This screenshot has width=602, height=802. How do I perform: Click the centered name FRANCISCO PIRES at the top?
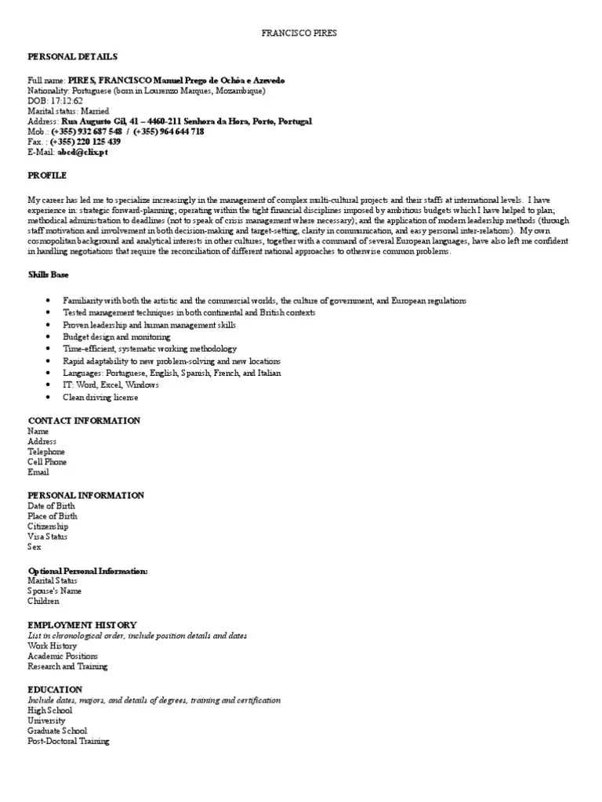coord(301,34)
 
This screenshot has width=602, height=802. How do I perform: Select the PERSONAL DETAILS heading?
coord(73,57)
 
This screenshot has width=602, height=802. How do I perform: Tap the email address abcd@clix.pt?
coord(82,152)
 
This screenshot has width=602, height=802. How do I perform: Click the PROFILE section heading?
coord(47,175)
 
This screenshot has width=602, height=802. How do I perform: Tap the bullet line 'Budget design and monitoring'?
coord(117,337)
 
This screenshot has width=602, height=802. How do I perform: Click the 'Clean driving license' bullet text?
coord(100,397)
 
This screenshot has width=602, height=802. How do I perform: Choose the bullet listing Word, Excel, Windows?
coord(111,385)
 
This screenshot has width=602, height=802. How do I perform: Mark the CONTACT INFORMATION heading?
coord(84,421)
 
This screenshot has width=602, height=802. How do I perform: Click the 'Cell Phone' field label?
coord(47,462)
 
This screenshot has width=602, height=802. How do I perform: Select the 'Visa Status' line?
coord(47,536)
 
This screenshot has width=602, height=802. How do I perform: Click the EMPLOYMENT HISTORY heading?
coord(82,625)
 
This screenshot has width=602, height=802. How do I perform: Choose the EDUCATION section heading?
coord(55,689)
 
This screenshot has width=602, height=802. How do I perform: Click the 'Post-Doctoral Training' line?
coord(68,741)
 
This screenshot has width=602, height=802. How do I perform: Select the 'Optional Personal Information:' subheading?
coord(88,571)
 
